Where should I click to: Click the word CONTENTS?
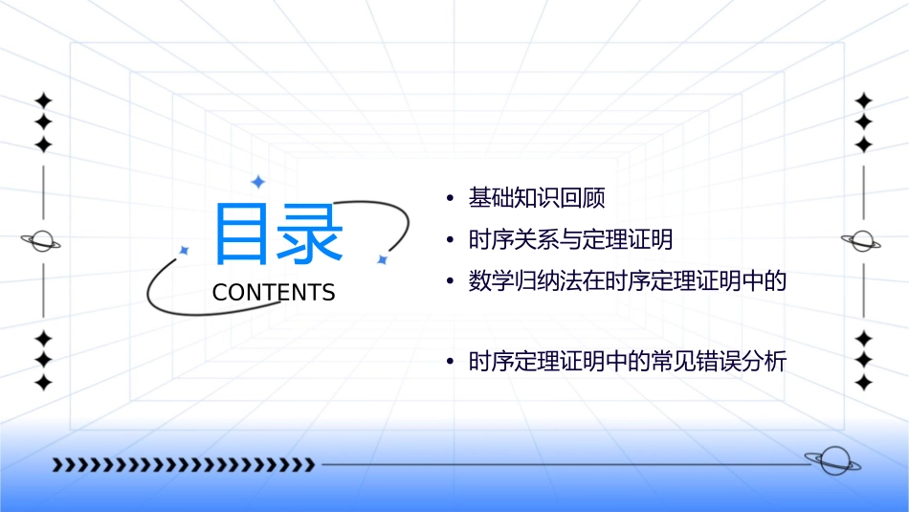(274, 293)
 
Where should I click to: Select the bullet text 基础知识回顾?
(537, 198)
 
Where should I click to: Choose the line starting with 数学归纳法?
(627, 281)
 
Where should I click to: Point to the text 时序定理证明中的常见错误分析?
(627, 363)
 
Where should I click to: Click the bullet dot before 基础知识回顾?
(450, 199)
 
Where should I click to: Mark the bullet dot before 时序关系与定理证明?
(450, 240)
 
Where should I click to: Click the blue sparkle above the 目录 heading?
(256, 181)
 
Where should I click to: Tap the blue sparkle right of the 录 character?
(382, 259)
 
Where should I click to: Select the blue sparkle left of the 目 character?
(185, 250)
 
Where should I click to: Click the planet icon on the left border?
(42, 241)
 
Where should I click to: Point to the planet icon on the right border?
(862, 241)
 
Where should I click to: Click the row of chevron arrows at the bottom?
(183, 465)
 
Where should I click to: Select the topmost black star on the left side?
(43, 100)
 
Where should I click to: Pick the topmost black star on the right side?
(863, 100)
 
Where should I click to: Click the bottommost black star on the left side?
(43, 383)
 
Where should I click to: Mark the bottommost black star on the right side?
(863, 383)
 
